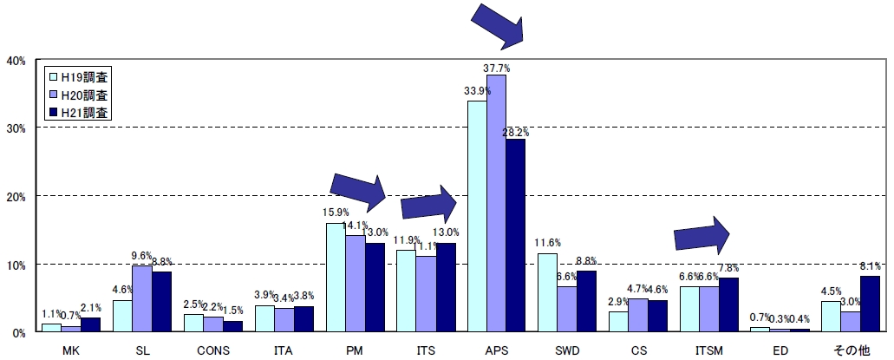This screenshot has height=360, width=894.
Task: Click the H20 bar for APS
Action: point(496,203)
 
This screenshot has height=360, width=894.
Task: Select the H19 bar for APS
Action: point(477,216)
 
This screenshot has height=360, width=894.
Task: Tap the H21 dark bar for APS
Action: point(515,235)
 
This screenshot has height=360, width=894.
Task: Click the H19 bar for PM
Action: point(336,278)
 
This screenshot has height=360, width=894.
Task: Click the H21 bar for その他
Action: point(870,304)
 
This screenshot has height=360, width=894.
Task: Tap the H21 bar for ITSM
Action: point(728,304)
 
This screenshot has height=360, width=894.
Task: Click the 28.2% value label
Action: point(515,132)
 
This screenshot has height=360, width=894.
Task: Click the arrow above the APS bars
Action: point(498,23)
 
